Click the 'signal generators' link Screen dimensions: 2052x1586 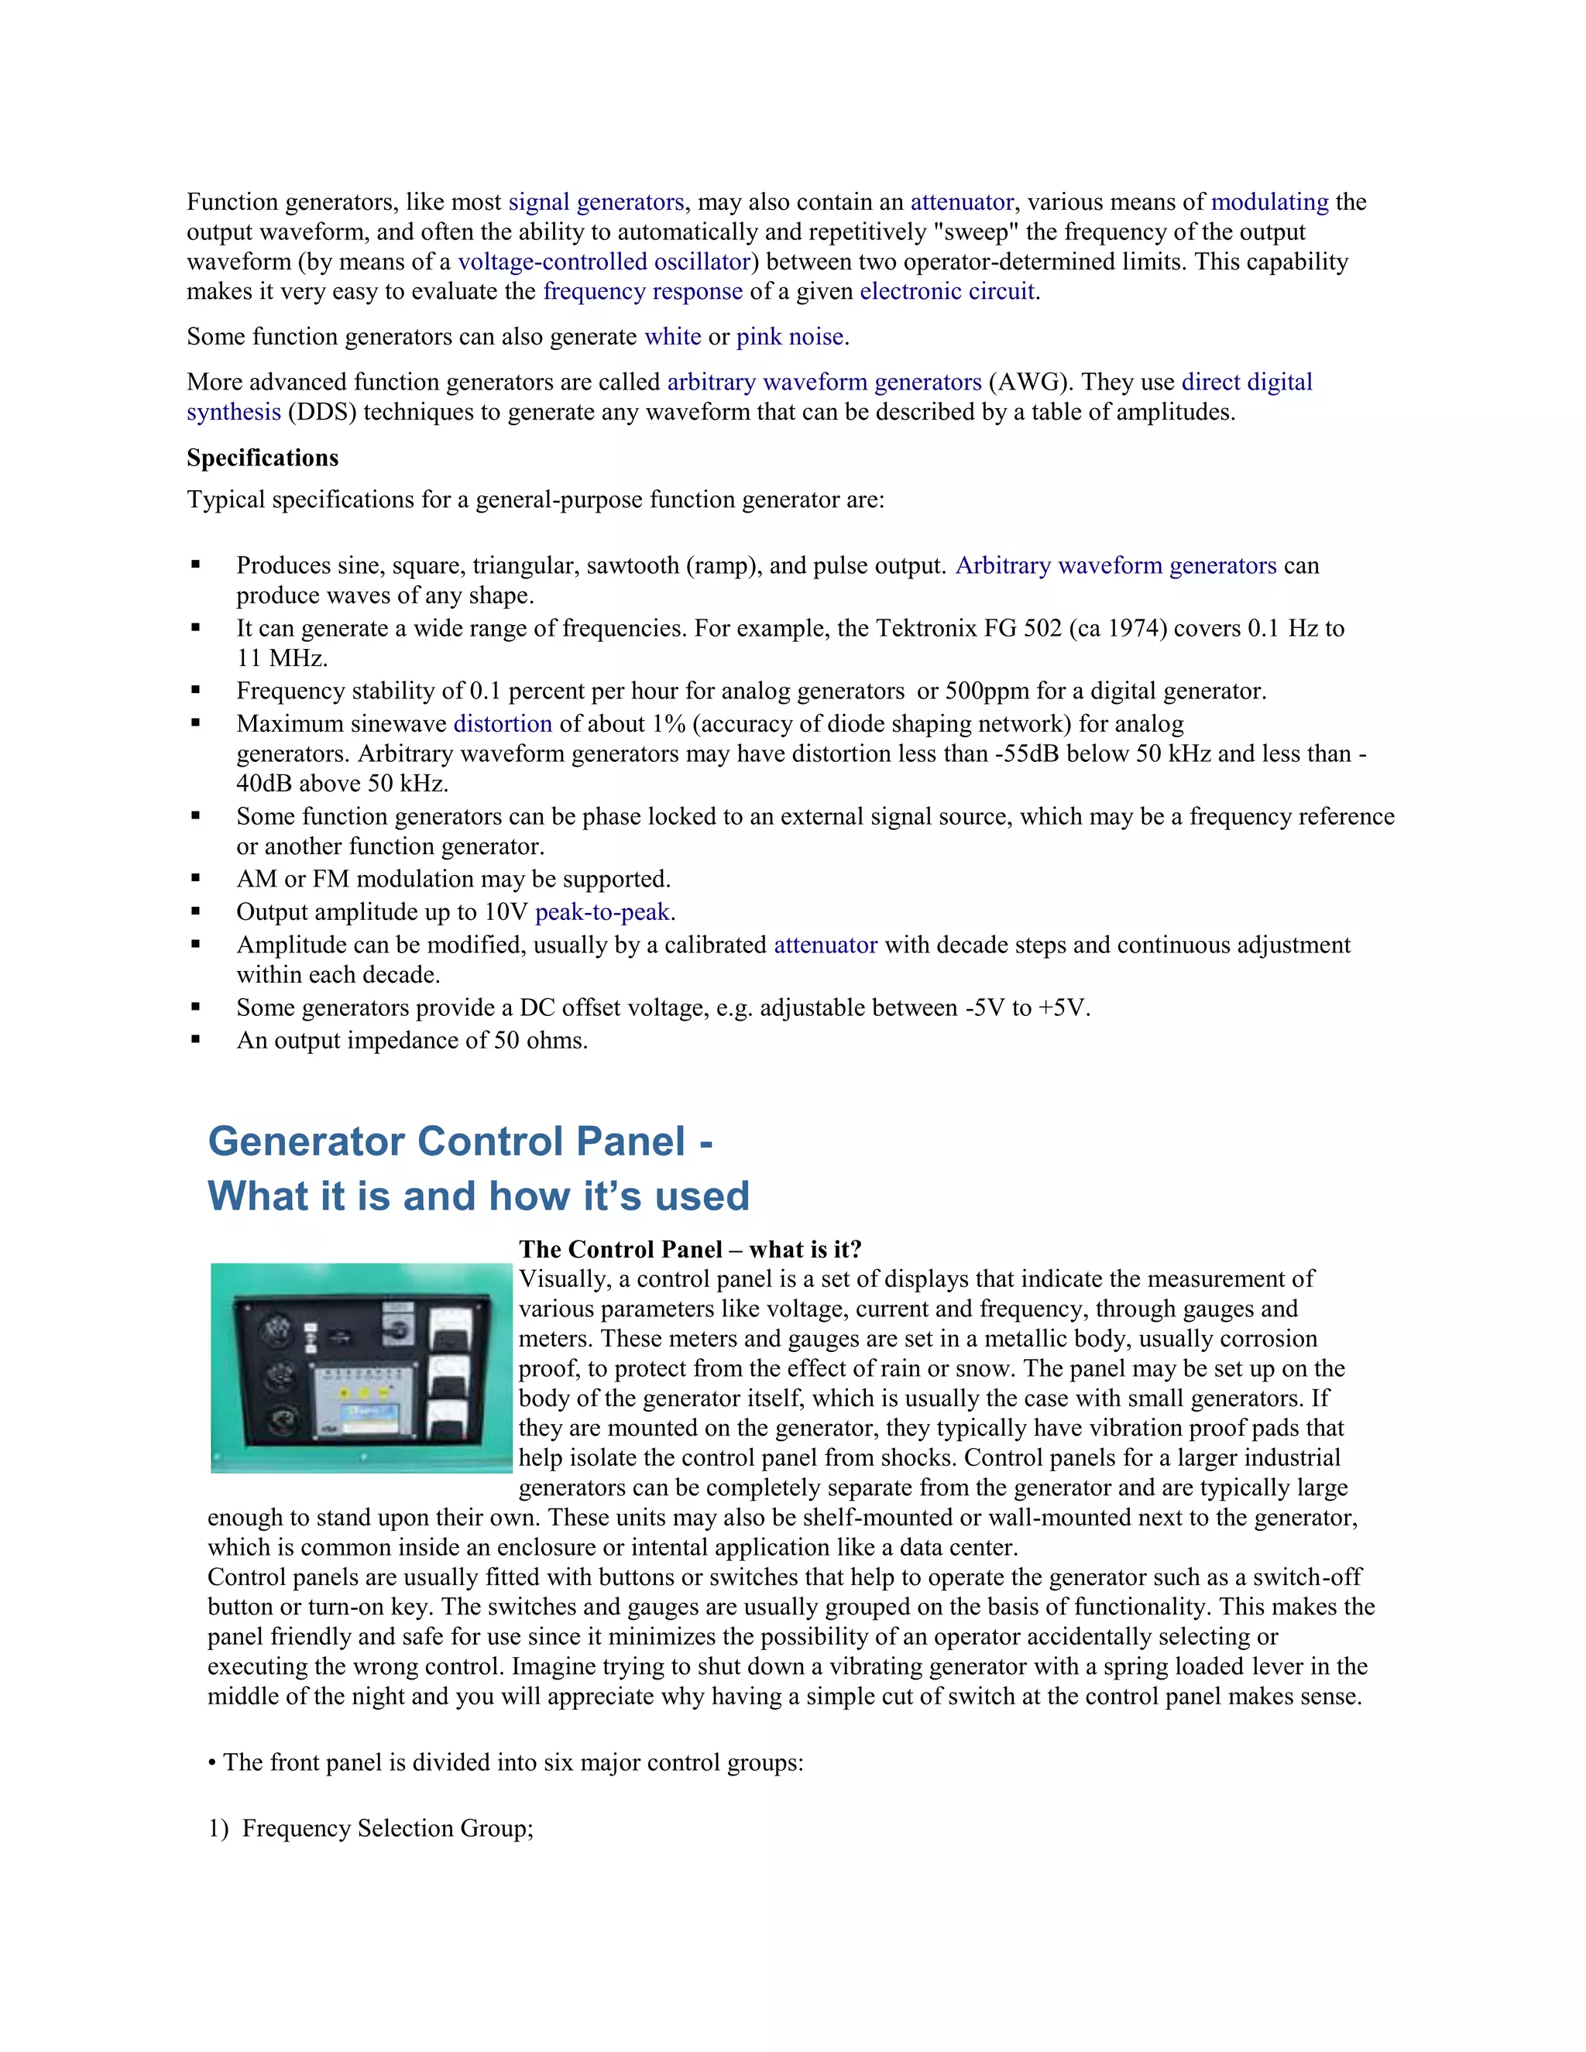(x=596, y=202)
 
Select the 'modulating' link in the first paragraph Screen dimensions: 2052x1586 (x=1269, y=202)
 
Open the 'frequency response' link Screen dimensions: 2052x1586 (x=643, y=291)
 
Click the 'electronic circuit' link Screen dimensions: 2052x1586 (x=947, y=291)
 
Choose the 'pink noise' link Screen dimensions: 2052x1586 (x=790, y=336)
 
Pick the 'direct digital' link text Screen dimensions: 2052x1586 (x=1246, y=382)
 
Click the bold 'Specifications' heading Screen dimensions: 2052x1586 (x=263, y=458)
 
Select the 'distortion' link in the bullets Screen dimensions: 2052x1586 (x=503, y=723)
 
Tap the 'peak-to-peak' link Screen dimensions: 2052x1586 (x=602, y=911)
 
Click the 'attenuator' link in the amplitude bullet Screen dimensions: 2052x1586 (x=825, y=944)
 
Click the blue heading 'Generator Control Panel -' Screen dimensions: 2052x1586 (x=459, y=1141)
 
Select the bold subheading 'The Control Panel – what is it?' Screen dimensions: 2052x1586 (x=690, y=1249)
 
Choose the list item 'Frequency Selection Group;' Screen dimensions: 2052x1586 (x=387, y=1827)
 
